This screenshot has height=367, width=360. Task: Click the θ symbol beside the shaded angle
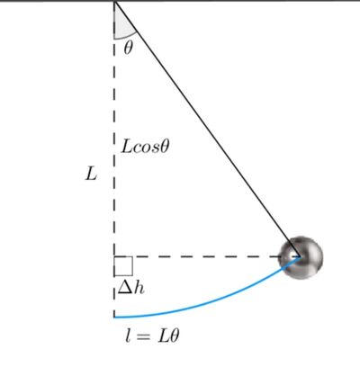128,48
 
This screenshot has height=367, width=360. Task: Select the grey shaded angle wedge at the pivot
121,24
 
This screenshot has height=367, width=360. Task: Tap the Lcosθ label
145,147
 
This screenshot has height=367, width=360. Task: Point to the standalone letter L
91,174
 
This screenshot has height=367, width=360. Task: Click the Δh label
131,288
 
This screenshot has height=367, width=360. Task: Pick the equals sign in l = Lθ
142,336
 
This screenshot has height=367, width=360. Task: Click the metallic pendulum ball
301,258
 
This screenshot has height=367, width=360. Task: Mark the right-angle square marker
123,266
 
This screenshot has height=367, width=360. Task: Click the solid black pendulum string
207,130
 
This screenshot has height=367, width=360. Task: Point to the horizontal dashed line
207,256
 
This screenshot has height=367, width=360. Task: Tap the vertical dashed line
114,159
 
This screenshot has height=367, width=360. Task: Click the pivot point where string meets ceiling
114,2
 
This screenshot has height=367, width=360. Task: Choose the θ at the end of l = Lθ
174,336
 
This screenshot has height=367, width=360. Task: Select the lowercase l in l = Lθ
128,336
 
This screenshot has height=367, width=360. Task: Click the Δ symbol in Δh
124,288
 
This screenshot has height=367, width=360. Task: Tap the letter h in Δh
139,288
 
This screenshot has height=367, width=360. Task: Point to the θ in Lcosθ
165,147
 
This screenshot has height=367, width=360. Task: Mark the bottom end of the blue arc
114,317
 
